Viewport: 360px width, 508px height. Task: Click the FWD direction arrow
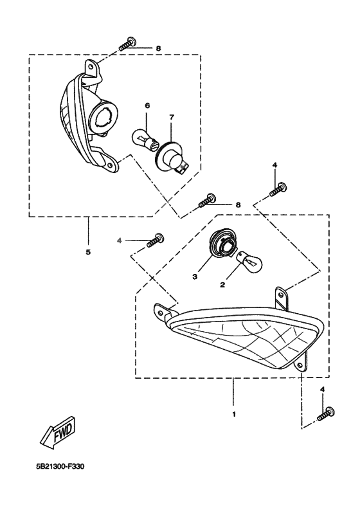pyautogui.click(x=59, y=433)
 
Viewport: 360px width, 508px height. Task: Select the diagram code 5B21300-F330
pyautogui.click(x=60, y=467)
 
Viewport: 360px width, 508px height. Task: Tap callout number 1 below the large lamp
pyautogui.click(x=234, y=414)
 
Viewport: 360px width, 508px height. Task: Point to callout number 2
pyautogui.click(x=222, y=285)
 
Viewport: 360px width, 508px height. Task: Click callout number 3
pyautogui.click(x=195, y=277)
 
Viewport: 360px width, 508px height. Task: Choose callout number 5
pyautogui.click(x=88, y=251)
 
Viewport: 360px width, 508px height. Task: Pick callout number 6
pyautogui.click(x=147, y=105)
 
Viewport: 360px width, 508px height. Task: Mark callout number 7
pyautogui.click(x=172, y=117)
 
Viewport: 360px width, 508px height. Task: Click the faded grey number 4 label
pyautogui.click(x=119, y=240)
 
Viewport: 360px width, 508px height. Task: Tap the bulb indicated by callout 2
pyautogui.click(x=250, y=259)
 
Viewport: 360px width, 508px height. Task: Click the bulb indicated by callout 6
pyautogui.click(x=145, y=140)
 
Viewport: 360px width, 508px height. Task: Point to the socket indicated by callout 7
pyautogui.click(x=174, y=157)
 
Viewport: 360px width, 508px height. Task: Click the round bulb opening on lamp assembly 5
pyautogui.click(x=104, y=117)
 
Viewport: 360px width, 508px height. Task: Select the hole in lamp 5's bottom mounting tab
pyautogui.click(x=110, y=165)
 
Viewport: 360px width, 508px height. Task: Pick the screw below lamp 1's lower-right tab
pyautogui.click(x=326, y=414)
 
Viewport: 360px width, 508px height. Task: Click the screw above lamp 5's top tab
pyautogui.click(x=127, y=44)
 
